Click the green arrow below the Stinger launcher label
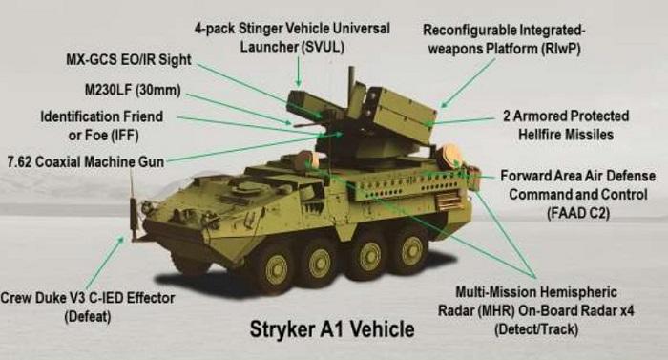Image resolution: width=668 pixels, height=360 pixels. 299,72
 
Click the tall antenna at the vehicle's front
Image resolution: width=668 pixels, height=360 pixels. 135,205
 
